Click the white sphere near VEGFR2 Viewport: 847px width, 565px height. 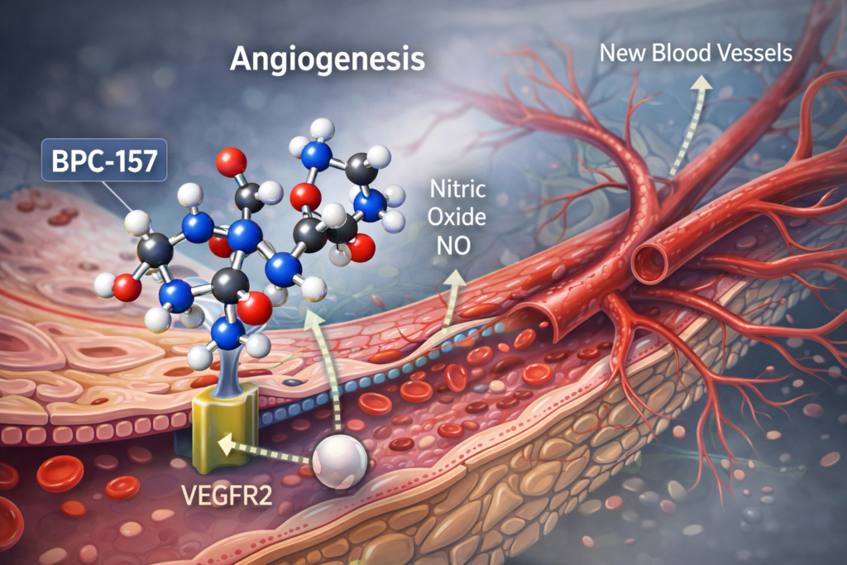339,457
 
